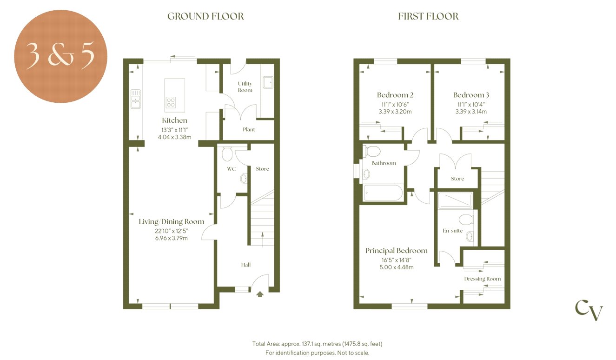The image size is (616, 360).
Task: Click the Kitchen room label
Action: tap(174, 120)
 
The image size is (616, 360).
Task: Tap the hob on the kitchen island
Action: tap(171, 102)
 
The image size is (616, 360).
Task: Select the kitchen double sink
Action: tap(136, 99)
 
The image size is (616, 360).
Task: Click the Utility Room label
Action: tap(245, 87)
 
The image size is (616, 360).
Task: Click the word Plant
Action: tap(249, 129)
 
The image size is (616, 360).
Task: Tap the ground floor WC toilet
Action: tap(227, 153)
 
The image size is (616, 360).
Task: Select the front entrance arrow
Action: tap(260, 294)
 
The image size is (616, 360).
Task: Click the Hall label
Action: tap(245, 265)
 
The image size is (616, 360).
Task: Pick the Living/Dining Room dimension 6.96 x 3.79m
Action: tap(172, 238)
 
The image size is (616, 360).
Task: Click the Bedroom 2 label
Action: tap(395, 95)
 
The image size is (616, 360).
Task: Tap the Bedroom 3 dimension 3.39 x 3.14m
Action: tap(471, 112)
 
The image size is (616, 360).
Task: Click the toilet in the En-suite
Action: tap(466, 220)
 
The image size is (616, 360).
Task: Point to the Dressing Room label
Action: tap(483, 279)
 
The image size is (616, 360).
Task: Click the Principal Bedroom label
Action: tap(396, 250)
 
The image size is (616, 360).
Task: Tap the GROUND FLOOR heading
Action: tap(205, 16)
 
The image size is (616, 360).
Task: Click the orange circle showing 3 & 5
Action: tap(60, 56)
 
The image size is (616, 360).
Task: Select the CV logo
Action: tap(589, 310)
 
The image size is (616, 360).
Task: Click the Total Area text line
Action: tap(317, 344)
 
